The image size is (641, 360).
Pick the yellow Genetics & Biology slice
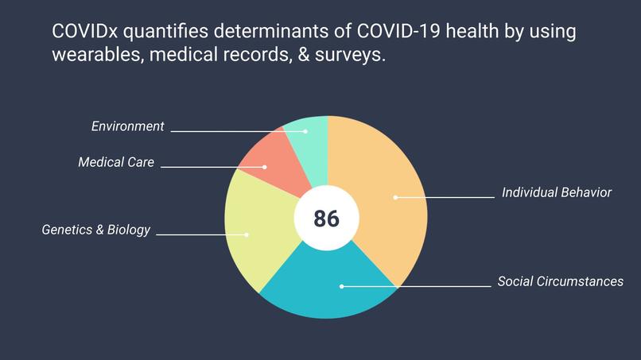[254, 230]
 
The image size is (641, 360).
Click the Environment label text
[127, 126]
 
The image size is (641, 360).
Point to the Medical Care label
[116, 162]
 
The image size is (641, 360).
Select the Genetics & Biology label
[95, 230]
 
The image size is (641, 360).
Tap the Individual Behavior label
[557, 193]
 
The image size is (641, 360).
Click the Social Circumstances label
[560, 281]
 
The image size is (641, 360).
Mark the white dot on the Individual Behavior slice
[395, 197]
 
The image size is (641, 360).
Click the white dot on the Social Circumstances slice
[342, 285]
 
